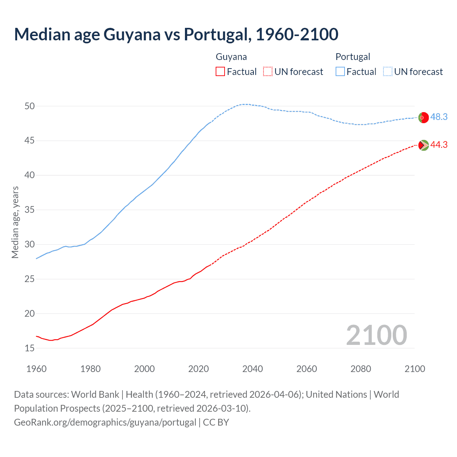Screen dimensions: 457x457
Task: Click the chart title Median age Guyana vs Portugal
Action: coord(176,34)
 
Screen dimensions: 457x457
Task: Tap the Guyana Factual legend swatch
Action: coord(220,72)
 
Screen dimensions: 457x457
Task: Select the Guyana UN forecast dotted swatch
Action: coord(268,72)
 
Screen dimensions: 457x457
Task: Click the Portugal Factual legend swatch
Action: coord(340,72)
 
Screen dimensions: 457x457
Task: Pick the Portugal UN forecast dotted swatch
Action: coord(388,72)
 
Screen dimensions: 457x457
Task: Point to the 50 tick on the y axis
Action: coord(30,106)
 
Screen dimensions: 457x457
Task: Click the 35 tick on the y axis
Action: coord(30,210)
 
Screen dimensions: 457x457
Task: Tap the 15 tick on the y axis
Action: coord(30,348)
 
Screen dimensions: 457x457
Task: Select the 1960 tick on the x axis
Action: coord(36,369)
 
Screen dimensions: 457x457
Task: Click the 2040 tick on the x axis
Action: coord(252,369)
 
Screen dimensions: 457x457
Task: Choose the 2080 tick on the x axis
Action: coord(361,369)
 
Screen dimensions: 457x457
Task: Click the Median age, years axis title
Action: coord(15,222)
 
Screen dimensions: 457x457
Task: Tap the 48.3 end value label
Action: coord(439,117)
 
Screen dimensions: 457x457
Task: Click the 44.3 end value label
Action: coord(439,145)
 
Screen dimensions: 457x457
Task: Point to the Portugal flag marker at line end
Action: coord(423,117)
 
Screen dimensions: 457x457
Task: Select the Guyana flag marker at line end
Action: coord(423,145)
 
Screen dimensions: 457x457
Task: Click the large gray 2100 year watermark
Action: coord(376,335)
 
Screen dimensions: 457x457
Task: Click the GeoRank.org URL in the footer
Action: coord(105,422)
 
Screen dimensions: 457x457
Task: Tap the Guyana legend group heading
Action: coord(231,57)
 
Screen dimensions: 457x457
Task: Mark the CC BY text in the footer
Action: coord(216,422)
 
